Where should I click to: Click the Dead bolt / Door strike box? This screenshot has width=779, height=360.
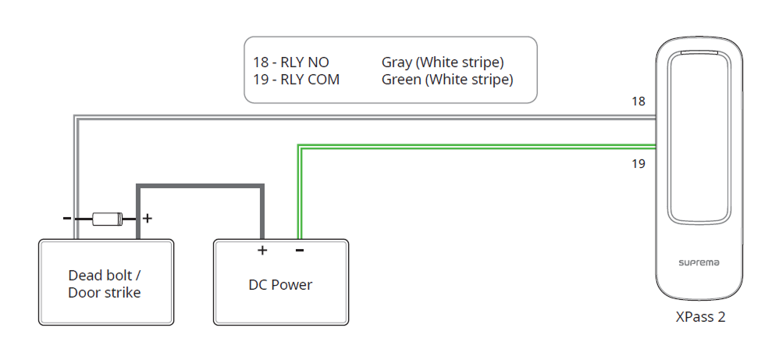pyautogui.click(x=105, y=283)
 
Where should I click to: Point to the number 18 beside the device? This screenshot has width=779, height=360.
pyautogui.click(x=639, y=102)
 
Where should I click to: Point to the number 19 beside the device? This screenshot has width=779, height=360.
pyautogui.click(x=639, y=164)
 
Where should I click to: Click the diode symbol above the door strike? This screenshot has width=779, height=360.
pyautogui.click(x=107, y=219)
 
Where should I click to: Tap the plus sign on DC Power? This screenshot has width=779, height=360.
pyautogui.click(x=262, y=251)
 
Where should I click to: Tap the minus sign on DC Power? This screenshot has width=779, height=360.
pyautogui.click(x=300, y=251)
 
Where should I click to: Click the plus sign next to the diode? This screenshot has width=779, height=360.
pyautogui.click(x=147, y=219)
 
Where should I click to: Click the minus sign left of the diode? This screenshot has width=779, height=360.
pyautogui.click(x=67, y=219)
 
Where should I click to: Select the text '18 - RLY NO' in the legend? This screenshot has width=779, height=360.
pyautogui.click(x=291, y=62)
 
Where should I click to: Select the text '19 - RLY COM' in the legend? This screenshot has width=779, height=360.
pyautogui.click(x=296, y=80)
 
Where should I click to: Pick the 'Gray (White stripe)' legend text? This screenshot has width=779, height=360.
pyautogui.click(x=443, y=62)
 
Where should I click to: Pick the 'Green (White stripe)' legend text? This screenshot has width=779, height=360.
pyautogui.click(x=447, y=80)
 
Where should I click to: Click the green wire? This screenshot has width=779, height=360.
pyautogui.click(x=468, y=146)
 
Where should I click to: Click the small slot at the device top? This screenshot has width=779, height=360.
pyautogui.click(x=698, y=54)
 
